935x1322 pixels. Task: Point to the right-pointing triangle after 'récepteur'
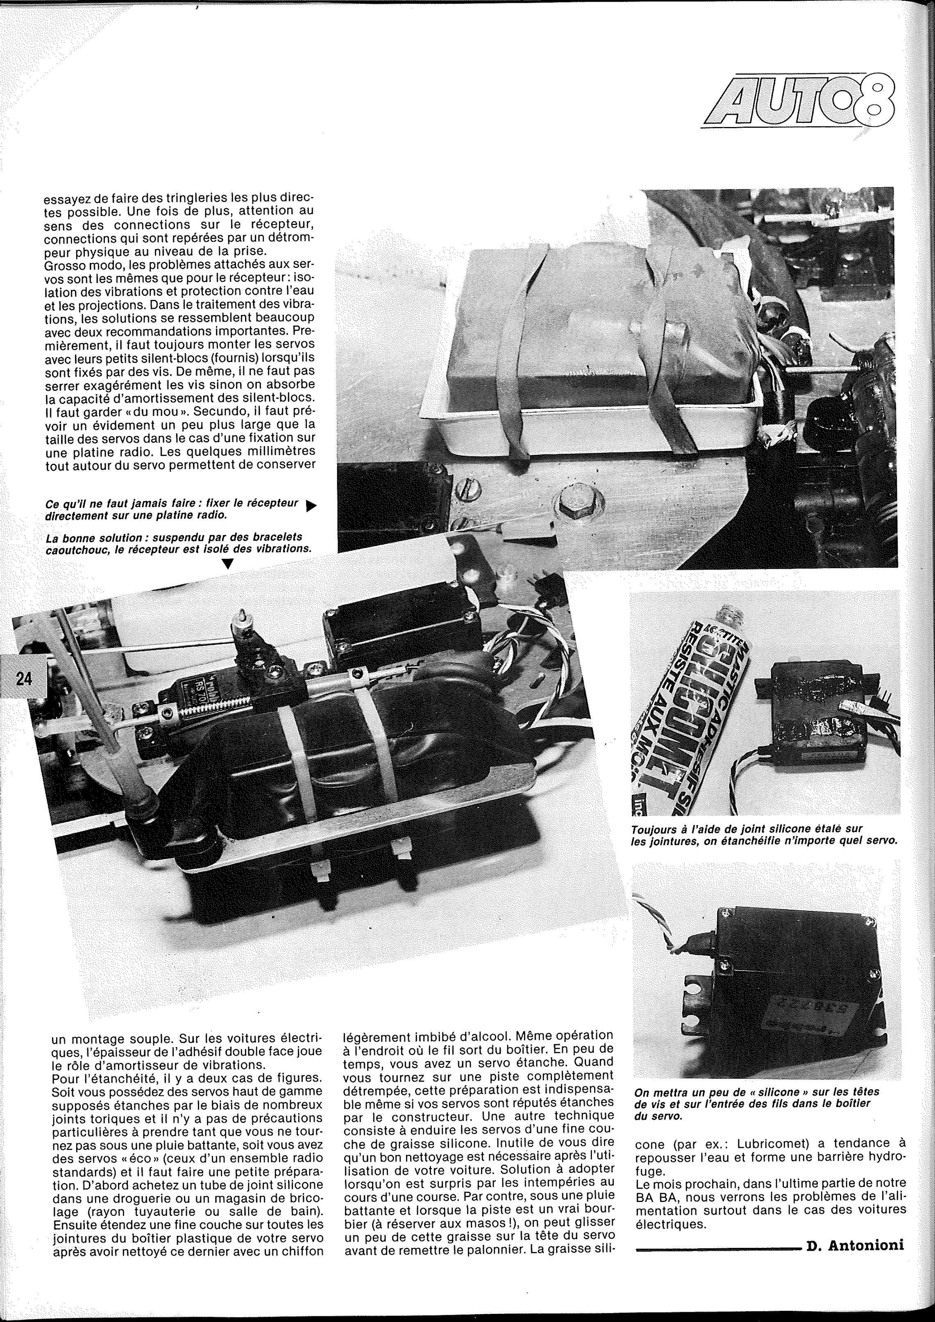coord(311,506)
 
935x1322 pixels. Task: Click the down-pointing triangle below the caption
coord(228,564)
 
